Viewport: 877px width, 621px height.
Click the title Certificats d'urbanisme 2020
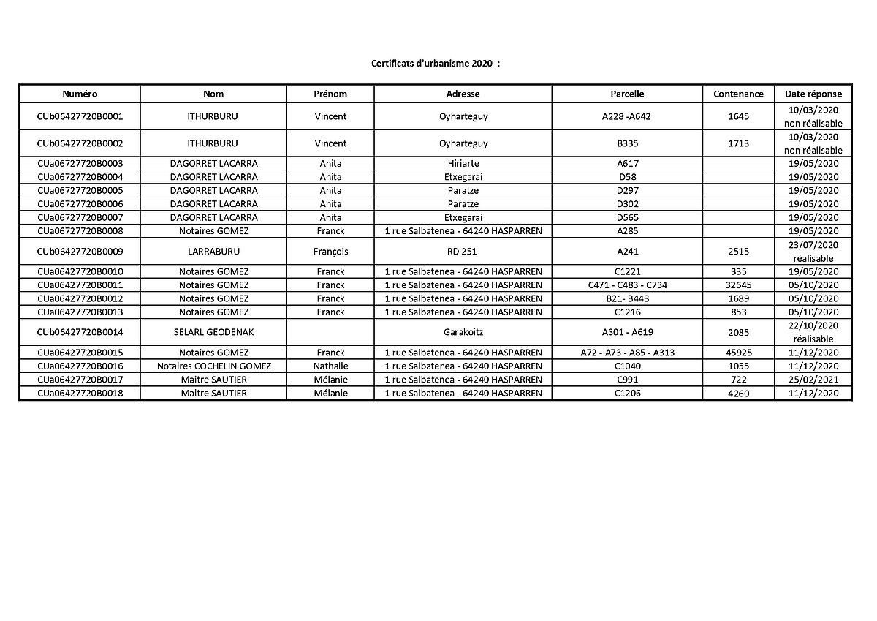point(436,64)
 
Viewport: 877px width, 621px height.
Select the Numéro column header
point(80,94)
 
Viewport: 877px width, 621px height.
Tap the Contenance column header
point(738,94)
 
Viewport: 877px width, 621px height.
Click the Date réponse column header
point(813,94)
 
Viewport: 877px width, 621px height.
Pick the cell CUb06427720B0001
point(80,116)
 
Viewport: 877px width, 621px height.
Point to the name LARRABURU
point(213,251)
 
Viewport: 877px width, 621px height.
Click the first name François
point(330,251)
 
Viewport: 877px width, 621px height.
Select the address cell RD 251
point(463,251)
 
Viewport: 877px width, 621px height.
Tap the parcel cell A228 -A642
point(627,116)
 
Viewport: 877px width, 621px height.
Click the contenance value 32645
point(738,285)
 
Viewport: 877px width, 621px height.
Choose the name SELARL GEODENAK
point(213,332)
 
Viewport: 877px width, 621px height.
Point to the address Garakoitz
point(463,332)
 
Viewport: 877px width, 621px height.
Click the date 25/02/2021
point(813,380)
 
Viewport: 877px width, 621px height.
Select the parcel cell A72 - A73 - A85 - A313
point(627,353)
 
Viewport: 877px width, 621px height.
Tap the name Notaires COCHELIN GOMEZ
point(213,366)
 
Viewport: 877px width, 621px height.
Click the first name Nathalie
point(330,366)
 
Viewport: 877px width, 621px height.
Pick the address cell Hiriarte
point(463,163)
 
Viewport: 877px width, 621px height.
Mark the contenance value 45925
point(738,353)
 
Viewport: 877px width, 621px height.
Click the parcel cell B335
point(627,143)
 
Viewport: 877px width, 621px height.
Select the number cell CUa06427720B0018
point(80,394)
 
